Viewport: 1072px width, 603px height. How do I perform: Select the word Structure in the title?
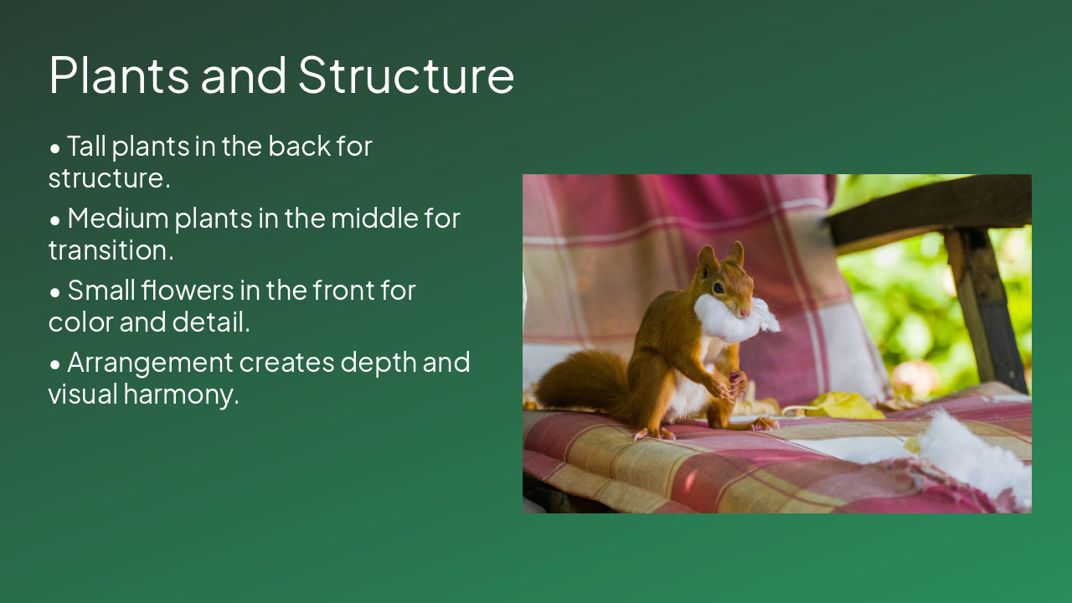point(405,75)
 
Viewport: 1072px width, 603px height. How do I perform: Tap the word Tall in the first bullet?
point(86,147)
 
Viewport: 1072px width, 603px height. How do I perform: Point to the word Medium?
point(116,219)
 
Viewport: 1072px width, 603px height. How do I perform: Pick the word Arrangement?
point(150,363)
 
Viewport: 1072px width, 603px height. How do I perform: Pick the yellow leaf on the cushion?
point(842,406)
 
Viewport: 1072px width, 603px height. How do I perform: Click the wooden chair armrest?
point(930,209)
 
